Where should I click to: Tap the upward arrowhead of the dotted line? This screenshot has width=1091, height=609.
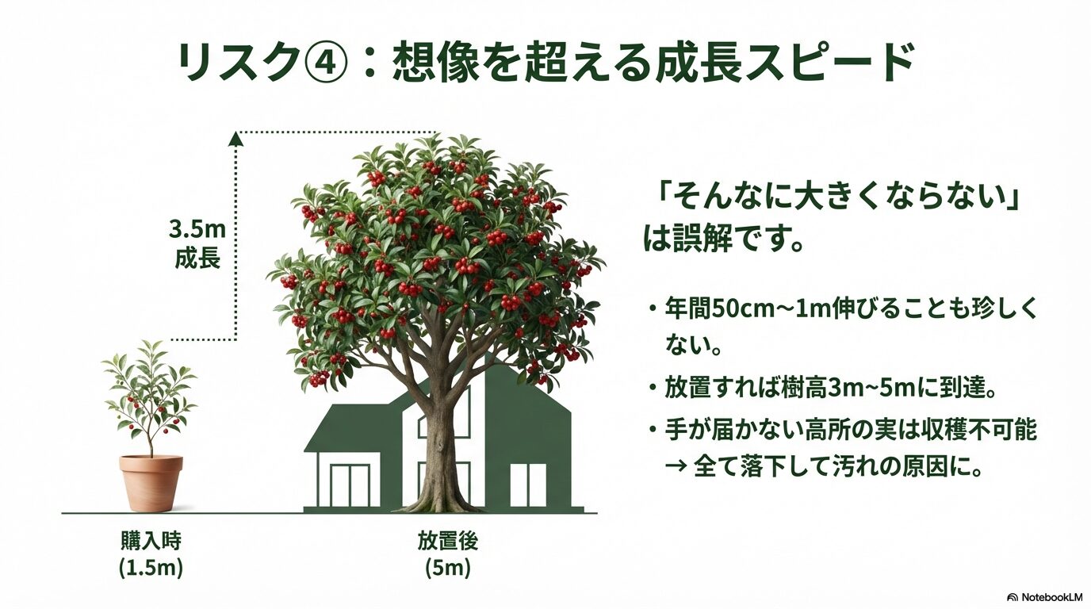point(235,139)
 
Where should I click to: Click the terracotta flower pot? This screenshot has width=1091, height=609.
point(151,482)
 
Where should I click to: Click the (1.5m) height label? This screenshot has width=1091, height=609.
point(151,568)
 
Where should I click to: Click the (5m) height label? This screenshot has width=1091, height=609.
point(448,568)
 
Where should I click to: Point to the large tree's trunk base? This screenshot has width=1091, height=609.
point(441,496)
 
